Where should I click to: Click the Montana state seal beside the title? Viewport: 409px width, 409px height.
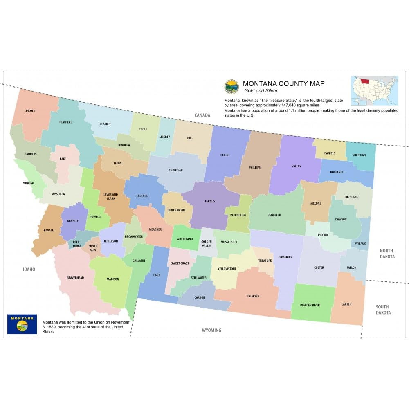pyautogui.click(x=231, y=86)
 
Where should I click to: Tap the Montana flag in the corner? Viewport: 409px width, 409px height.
pyautogui.click(x=22, y=324)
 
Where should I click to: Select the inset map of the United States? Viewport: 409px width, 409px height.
pyautogui.click(x=374, y=90)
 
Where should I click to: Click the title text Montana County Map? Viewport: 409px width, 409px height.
pyautogui.click(x=283, y=83)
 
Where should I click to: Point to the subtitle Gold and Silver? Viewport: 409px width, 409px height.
pyautogui.click(x=261, y=91)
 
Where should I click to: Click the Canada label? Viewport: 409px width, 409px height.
pyautogui.click(x=202, y=115)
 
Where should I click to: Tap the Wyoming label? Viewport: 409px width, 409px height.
pyautogui.click(x=211, y=330)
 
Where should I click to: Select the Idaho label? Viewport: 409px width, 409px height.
pyautogui.click(x=29, y=270)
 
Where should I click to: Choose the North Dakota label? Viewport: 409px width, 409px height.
pyautogui.click(x=387, y=254)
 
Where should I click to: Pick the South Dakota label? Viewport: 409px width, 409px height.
pyautogui.click(x=383, y=310)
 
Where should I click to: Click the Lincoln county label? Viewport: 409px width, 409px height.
pyautogui.click(x=30, y=111)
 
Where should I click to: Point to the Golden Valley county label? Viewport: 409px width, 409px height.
pyautogui.click(x=207, y=244)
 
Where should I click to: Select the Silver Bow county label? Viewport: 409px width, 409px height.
pyautogui.click(x=93, y=248)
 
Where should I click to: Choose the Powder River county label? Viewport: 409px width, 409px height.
pyautogui.click(x=310, y=305)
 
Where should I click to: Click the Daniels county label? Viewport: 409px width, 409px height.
pyautogui.click(x=330, y=153)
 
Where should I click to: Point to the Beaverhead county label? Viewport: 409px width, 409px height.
pyautogui.click(x=75, y=278)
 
